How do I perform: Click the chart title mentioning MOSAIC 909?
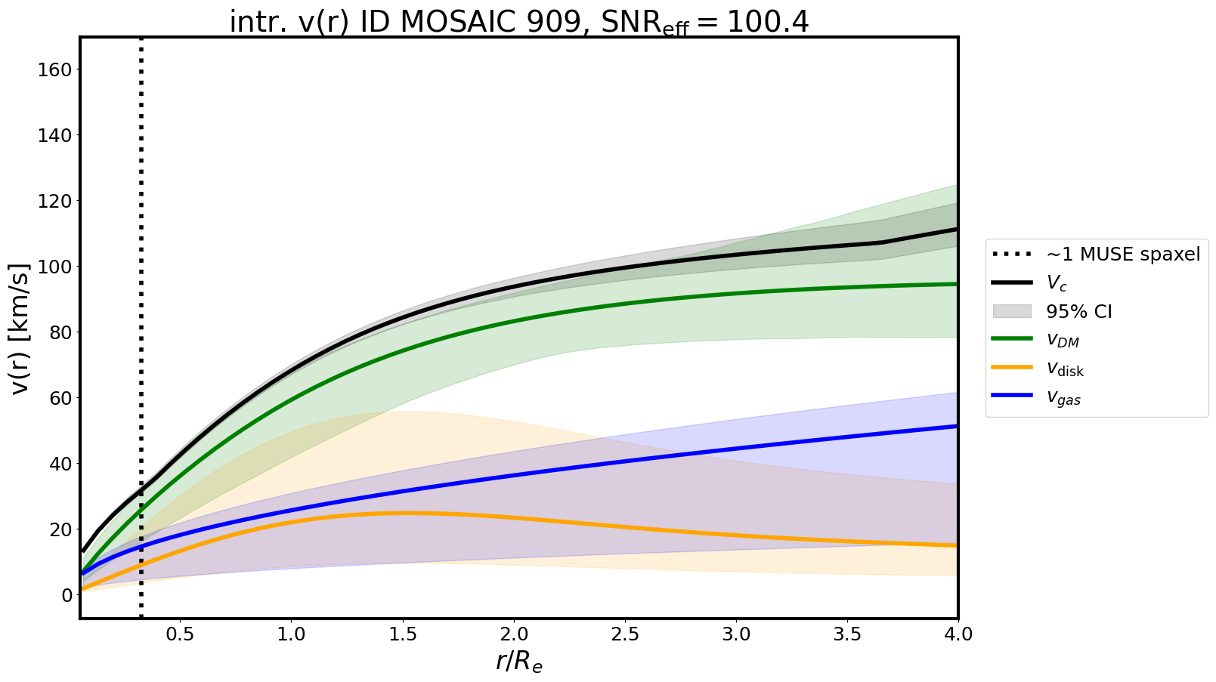click(518, 22)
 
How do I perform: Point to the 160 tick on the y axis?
click(57, 69)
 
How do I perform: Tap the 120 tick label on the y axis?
click(57, 202)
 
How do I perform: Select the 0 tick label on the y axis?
click(67, 595)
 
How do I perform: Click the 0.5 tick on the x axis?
click(180, 634)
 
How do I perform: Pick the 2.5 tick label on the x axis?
click(625, 634)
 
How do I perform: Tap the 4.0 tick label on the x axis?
click(958, 634)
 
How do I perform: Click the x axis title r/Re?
click(518, 661)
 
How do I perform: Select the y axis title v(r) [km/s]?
click(20, 329)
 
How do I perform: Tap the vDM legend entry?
click(1063, 341)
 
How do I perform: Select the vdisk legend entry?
click(1065, 369)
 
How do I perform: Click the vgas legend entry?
click(1063, 398)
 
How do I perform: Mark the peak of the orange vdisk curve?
click(402, 513)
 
